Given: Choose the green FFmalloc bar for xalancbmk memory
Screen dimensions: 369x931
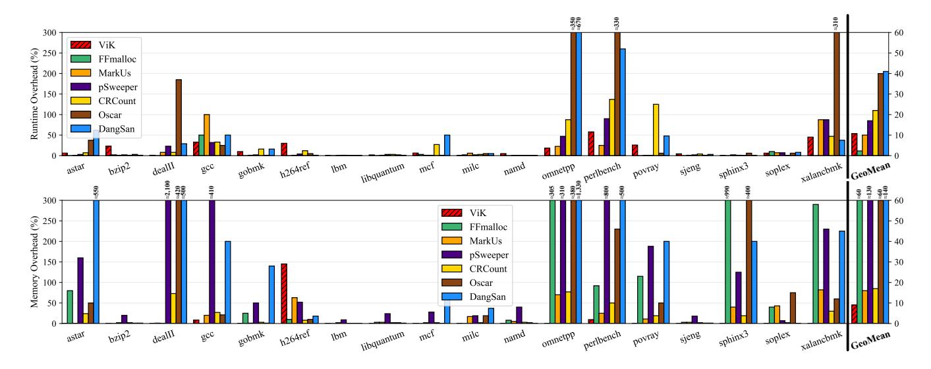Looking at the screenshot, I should click(816, 264).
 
